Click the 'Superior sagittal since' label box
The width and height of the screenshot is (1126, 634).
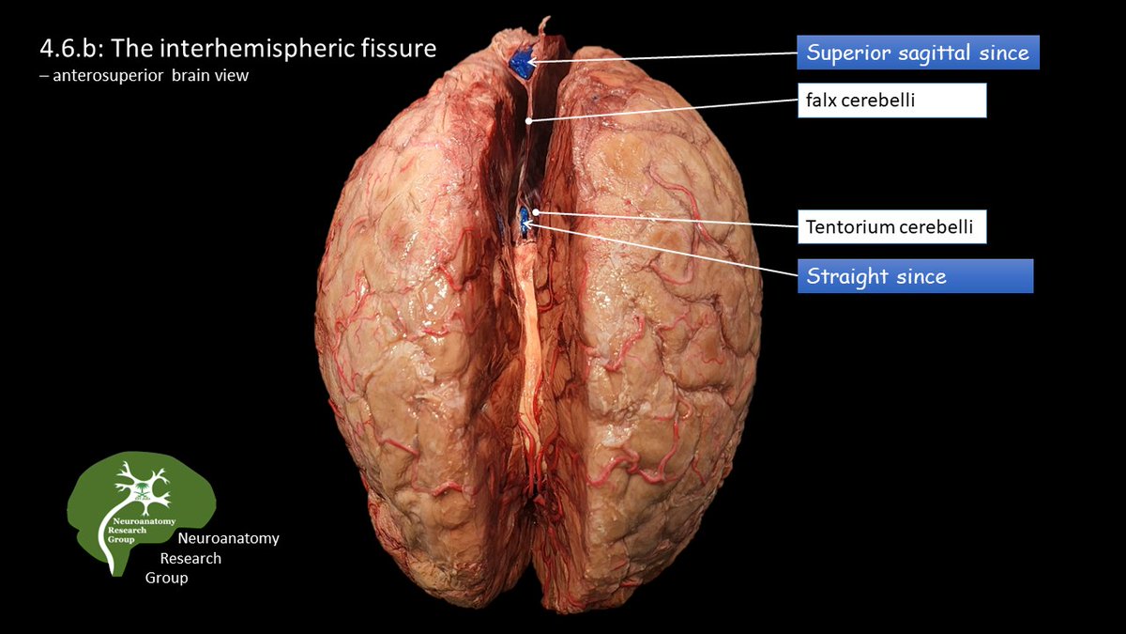pyautogui.click(x=918, y=53)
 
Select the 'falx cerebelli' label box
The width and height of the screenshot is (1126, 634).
pyautogui.click(x=891, y=101)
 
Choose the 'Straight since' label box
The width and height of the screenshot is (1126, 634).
pyautogui.click(x=915, y=276)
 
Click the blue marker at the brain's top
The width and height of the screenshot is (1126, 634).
pyautogui.click(x=520, y=63)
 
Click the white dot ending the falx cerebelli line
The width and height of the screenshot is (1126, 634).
pyautogui.click(x=528, y=121)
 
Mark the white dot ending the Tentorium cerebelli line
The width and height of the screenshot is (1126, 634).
pyautogui.click(x=535, y=212)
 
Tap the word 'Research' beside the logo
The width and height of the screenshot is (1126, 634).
pyautogui.click(x=190, y=558)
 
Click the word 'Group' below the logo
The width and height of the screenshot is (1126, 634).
pyautogui.click(x=166, y=578)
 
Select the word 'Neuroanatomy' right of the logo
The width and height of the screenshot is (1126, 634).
pyautogui.click(x=228, y=538)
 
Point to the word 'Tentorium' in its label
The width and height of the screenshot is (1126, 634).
pyautogui.click(x=843, y=226)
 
